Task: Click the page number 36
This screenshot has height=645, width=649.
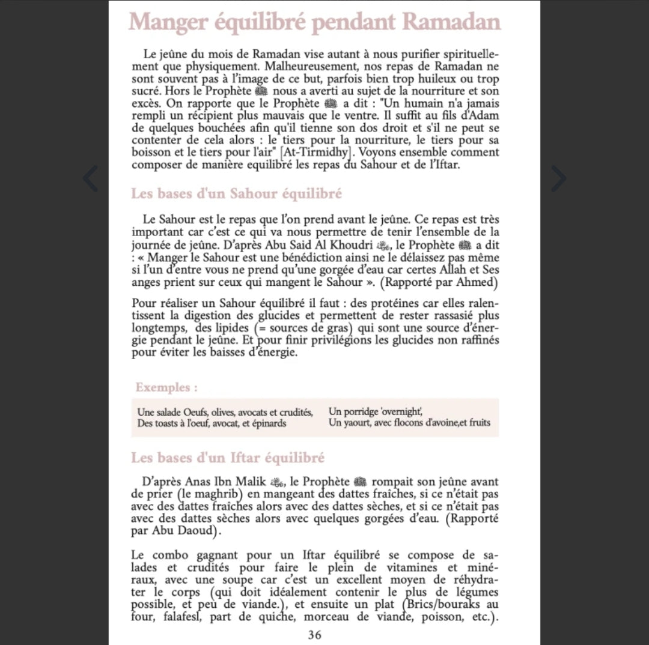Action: click(x=314, y=635)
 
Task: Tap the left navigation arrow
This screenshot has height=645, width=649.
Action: click(x=90, y=178)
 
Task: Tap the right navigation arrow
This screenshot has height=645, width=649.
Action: click(x=559, y=178)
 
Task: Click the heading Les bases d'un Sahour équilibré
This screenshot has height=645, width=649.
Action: click(x=236, y=194)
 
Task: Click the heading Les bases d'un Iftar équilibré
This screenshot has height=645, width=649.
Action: click(x=228, y=458)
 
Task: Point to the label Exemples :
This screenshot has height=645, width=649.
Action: click(x=166, y=387)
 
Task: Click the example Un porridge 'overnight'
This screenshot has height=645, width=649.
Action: click(x=376, y=412)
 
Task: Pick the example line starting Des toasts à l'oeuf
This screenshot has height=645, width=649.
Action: click(x=212, y=423)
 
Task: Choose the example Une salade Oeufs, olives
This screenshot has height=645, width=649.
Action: click(x=225, y=412)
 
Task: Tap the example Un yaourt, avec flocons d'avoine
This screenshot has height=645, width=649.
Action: click(x=409, y=423)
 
